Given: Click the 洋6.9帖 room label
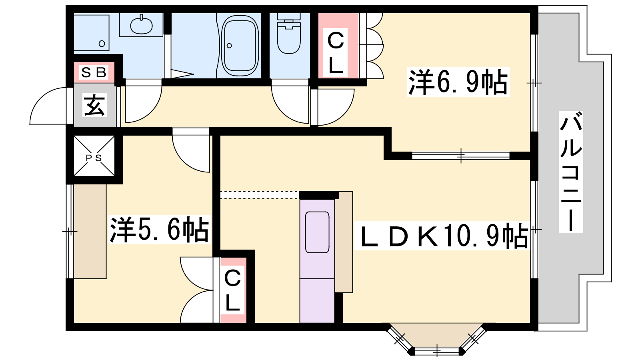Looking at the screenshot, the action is click(x=458, y=82).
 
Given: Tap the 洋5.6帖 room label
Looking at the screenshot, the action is click(x=160, y=230).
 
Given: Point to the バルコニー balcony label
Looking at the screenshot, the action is click(x=570, y=172).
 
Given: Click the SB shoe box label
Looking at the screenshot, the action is click(x=94, y=72).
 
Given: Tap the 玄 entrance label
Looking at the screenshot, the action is click(x=94, y=105).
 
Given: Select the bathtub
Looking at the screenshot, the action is click(x=240, y=46).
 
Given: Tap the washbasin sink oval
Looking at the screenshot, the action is click(x=141, y=25).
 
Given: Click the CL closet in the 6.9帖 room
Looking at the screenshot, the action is click(x=338, y=46).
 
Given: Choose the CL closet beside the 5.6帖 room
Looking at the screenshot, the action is click(x=233, y=290).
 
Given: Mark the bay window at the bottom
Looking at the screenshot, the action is click(x=436, y=338).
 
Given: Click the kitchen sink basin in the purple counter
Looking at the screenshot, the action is click(x=317, y=232).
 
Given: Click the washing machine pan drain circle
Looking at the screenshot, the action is click(x=102, y=44).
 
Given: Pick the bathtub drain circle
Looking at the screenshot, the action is click(x=229, y=46).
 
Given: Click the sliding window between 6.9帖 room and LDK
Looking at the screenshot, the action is click(x=461, y=156).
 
